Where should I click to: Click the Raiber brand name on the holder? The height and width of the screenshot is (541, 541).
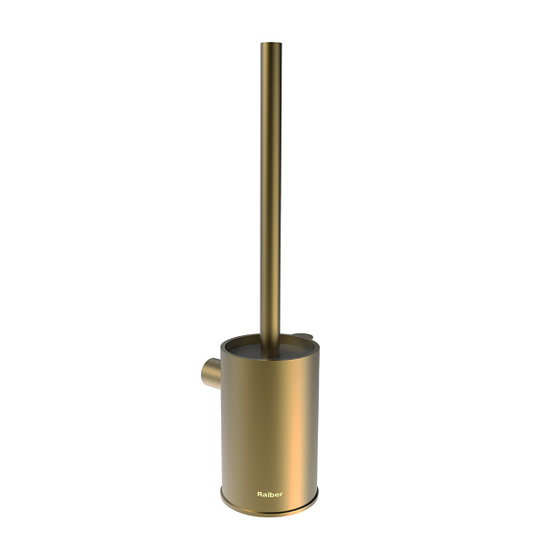(270, 495)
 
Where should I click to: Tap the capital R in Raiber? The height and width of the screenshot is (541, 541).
(260, 495)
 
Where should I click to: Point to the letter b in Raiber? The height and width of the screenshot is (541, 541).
(271, 495)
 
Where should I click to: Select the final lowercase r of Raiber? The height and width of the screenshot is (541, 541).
(281, 495)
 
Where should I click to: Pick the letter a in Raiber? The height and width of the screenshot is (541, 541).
(264, 495)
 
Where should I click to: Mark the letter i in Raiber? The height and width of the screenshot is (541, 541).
(268, 495)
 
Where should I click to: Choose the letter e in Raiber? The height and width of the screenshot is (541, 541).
(276, 495)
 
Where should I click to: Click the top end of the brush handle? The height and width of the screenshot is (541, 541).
(270, 44)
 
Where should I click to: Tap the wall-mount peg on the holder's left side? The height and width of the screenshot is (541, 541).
(211, 373)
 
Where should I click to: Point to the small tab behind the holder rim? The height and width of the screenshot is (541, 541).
(302, 335)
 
